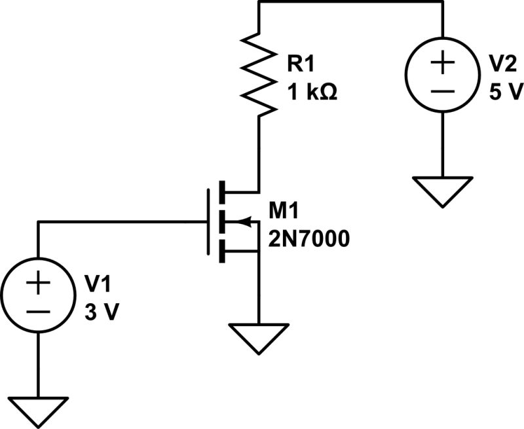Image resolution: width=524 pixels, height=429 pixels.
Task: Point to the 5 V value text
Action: pos(503,92)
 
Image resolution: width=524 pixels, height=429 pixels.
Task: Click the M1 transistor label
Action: pos(284,211)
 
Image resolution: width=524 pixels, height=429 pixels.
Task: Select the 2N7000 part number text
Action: pos(308,239)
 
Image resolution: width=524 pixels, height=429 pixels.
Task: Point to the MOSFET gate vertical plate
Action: pos(208,222)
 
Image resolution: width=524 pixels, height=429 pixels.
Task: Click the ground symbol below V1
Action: pos(37,409)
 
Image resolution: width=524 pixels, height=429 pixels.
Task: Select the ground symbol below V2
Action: pos(443,189)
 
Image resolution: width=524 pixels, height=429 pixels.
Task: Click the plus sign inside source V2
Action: pos(443,64)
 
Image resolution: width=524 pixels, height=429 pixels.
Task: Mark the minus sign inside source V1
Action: pos(37,311)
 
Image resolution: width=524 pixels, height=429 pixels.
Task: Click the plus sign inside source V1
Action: pos(37,284)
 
